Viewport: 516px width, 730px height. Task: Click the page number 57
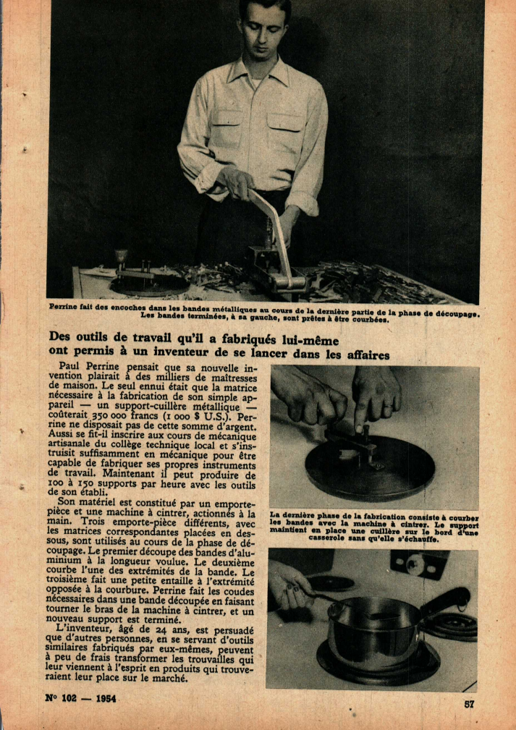point(469,703)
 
